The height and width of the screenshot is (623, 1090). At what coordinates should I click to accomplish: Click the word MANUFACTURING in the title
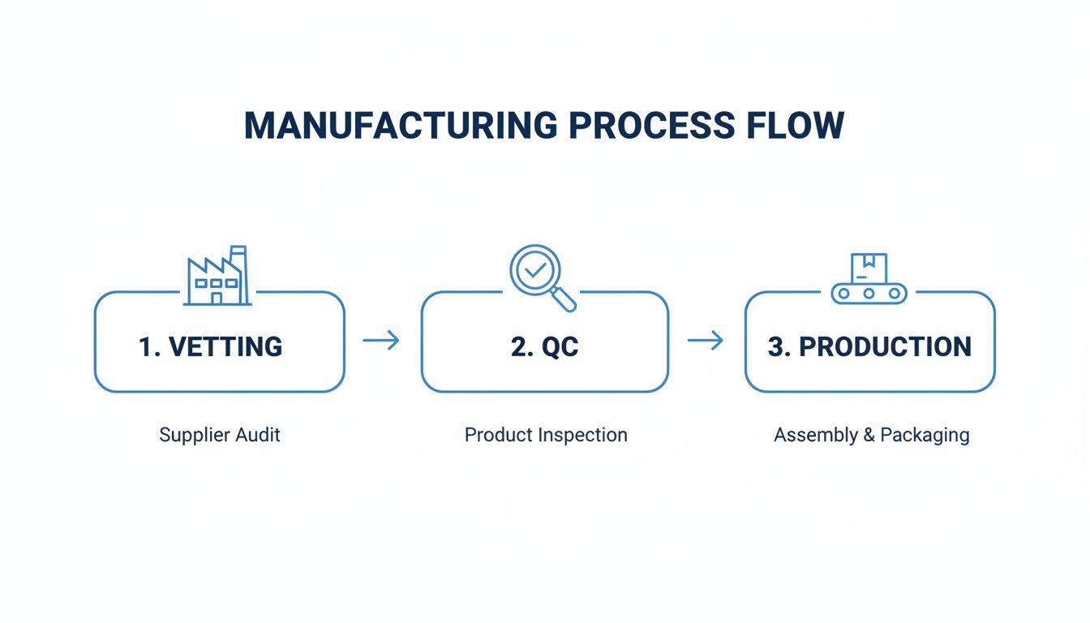click(400, 126)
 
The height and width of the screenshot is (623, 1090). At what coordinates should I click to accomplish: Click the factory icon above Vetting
click(217, 277)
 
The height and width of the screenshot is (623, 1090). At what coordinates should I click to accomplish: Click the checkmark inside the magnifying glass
click(535, 271)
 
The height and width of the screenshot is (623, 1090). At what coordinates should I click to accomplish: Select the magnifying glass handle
click(564, 300)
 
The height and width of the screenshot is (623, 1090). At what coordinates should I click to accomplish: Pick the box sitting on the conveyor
click(869, 268)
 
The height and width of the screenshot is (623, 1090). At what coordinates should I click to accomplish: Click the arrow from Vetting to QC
click(381, 341)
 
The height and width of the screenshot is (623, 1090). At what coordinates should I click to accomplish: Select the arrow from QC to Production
click(706, 341)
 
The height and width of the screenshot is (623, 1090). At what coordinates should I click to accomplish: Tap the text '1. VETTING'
click(210, 347)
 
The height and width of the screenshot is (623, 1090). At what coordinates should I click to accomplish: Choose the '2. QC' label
click(545, 347)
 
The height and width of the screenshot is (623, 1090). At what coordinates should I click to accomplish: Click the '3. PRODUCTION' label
click(869, 347)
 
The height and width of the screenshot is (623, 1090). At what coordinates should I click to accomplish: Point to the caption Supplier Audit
click(220, 435)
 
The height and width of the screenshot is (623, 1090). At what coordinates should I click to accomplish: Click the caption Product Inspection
click(546, 435)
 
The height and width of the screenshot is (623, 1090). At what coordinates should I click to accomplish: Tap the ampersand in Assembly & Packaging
click(869, 435)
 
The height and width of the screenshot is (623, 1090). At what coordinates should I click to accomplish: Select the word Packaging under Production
click(925, 436)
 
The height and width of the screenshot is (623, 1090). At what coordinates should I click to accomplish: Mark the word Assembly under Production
click(815, 436)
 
